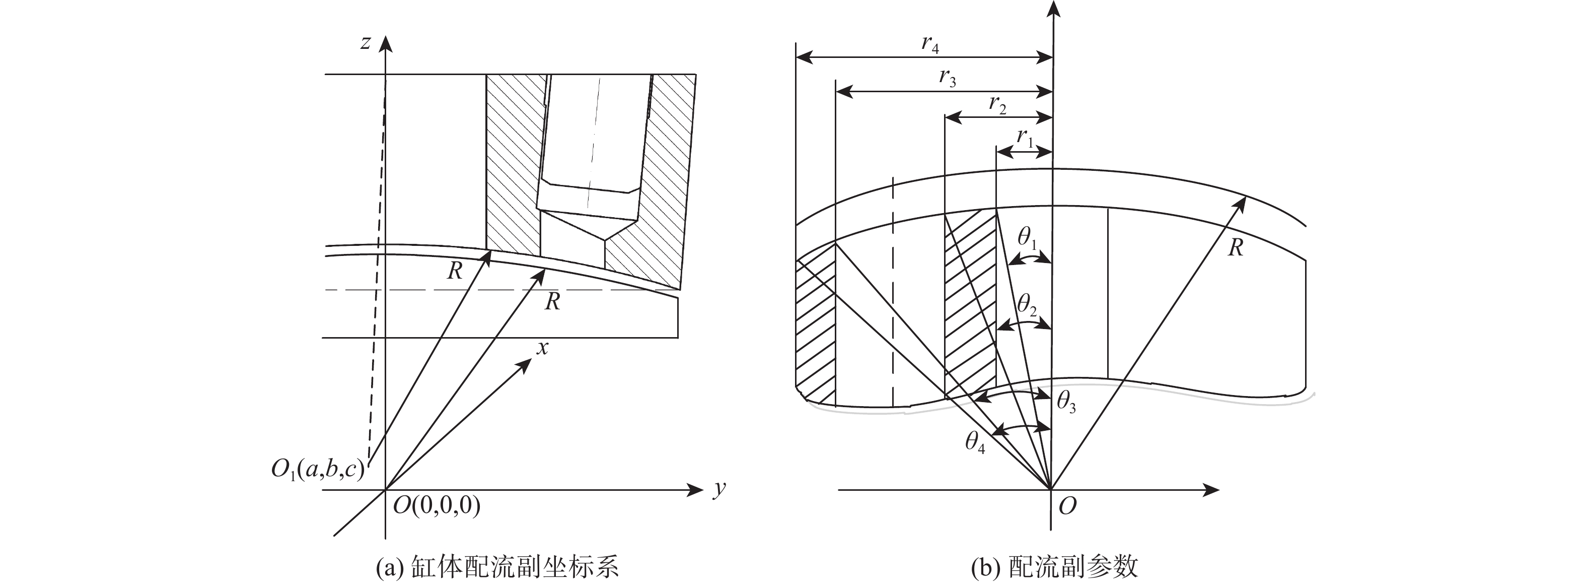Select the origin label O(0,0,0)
(x=437, y=506)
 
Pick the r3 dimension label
(x=948, y=78)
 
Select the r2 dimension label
(x=997, y=105)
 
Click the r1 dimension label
(x=1025, y=138)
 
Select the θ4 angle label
(x=975, y=442)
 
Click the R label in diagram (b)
(x=1235, y=247)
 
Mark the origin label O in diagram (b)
(x=1067, y=506)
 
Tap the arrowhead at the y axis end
(x=697, y=490)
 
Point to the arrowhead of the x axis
(x=525, y=365)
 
